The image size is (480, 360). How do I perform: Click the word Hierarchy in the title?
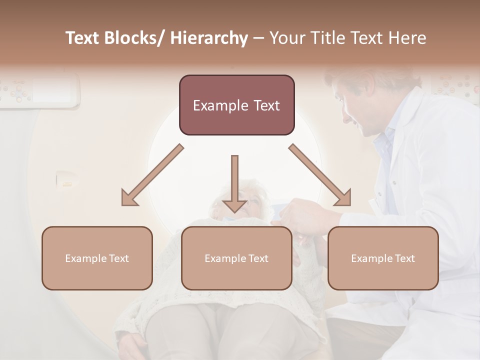209,38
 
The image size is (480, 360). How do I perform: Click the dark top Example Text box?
236,105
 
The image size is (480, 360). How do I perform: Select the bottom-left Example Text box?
97,258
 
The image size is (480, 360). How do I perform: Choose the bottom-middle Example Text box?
236,258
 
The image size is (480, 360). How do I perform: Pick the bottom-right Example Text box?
383,258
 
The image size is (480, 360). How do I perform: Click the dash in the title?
258,38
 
